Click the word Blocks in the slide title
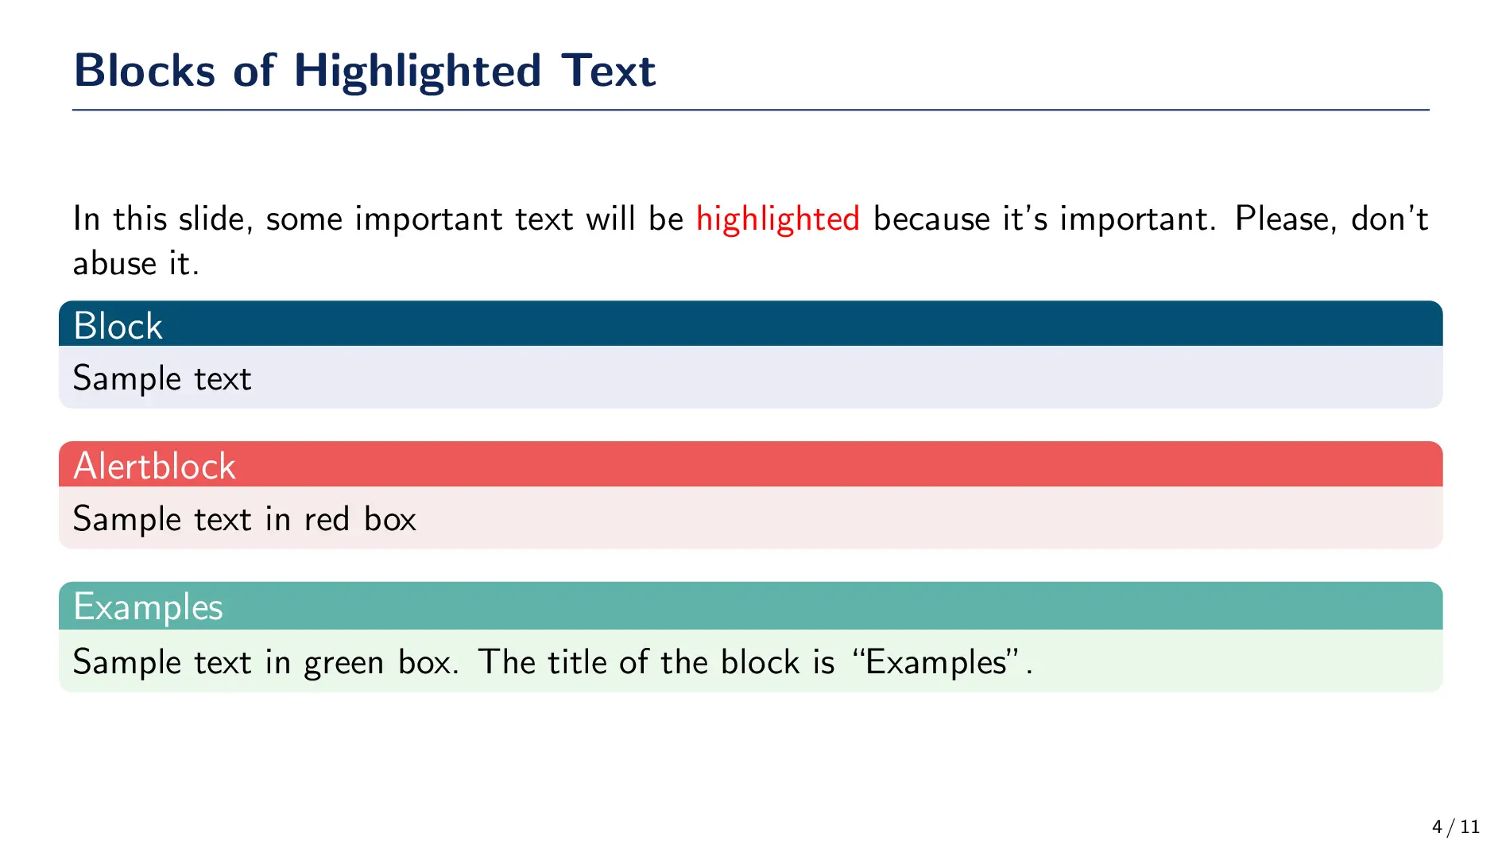coord(145,70)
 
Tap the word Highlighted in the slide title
coord(418,72)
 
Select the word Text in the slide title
coord(608,70)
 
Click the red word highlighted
coord(778,219)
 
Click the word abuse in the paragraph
coord(114,263)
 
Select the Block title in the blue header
coord(118,326)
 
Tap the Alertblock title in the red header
coord(154,466)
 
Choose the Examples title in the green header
coord(148,607)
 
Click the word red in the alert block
coord(327,519)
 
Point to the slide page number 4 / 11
coord(1456,828)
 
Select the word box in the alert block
coord(390,519)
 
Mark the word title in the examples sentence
coord(578,662)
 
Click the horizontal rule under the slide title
coord(751,110)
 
